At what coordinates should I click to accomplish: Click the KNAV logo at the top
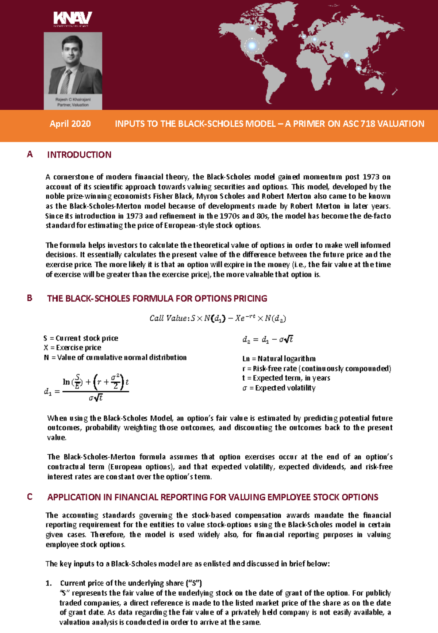tap(72, 18)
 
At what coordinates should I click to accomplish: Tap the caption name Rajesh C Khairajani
tap(73, 99)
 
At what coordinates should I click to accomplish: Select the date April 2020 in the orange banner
tap(70, 124)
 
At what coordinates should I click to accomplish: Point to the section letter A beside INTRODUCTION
tap(30, 154)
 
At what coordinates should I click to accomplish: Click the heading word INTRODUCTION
tap(79, 155)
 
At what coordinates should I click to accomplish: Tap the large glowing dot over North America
tap(252, 46)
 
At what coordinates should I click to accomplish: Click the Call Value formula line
tap(218, 318)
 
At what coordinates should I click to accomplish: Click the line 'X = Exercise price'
tap(72, 348)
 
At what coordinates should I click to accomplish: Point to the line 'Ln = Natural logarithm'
tap(279, 359)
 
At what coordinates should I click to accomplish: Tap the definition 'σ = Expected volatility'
tap(279, 388)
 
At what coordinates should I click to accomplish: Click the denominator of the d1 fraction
tap(96, 398)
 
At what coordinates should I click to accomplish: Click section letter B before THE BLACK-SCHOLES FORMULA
tap(30, 298)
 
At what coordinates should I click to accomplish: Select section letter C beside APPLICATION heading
tap(30, 497)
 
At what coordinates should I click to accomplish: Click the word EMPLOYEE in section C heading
tap(289, 497)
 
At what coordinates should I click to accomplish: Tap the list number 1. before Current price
tap(49, 583)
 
